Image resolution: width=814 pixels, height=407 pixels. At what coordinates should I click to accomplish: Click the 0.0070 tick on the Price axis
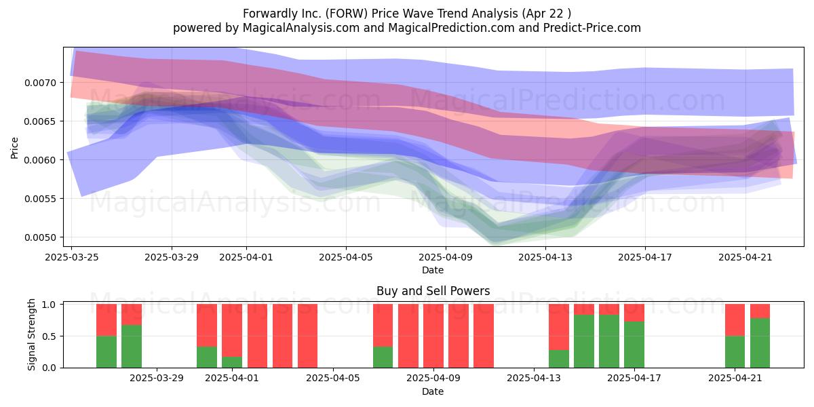[40, 83]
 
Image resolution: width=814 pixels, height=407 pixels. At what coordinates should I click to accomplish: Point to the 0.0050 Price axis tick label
[40, 237]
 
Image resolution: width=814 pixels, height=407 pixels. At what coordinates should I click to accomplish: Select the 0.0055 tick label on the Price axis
[40, 199]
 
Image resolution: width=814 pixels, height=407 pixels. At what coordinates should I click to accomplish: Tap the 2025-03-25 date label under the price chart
[72, 257]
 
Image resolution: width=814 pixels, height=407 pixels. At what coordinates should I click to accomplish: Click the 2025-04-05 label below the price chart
[346, 257]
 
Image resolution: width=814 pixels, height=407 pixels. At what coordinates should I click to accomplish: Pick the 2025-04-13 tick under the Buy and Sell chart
[534, 378]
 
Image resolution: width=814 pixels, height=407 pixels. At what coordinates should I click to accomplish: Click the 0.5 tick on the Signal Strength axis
[49, 336]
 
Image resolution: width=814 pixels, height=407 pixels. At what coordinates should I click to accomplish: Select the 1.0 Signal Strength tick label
[49, 305]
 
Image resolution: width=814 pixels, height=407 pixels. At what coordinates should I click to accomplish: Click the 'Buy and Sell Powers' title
[433, 291]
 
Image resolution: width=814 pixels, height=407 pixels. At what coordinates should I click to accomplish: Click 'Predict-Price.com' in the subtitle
[592, 28]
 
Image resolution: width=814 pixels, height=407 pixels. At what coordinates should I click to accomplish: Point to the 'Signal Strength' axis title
[32, 334]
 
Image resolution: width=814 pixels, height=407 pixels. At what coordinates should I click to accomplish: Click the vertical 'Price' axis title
[14, 148]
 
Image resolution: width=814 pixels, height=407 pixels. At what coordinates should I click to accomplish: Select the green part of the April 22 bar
[760, 343]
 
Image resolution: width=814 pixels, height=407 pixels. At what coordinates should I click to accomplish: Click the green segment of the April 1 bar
[232, 362]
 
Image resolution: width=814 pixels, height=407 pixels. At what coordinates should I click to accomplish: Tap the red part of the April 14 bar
[559, 327]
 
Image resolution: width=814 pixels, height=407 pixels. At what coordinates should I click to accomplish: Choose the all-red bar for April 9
[433, 336]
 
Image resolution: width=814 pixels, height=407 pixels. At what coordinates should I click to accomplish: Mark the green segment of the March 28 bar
[132, 347]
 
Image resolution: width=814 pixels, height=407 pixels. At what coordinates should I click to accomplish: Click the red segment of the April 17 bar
[634, 313]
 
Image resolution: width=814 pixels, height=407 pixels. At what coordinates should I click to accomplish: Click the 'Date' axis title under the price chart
[433, 271]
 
